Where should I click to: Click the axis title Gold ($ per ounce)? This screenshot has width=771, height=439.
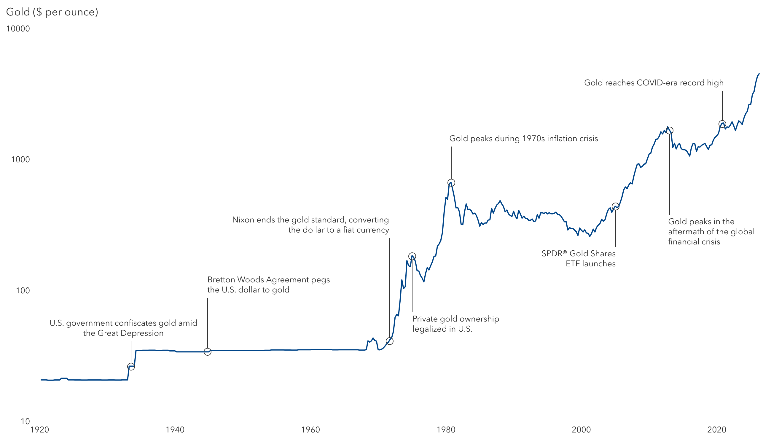point(52,12)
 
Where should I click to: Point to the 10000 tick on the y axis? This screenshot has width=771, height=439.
point(18,29)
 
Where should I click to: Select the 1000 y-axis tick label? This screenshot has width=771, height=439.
point(20,160)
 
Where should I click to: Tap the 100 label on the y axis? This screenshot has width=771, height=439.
point(23,291)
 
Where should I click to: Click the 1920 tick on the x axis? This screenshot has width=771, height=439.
point(39,430)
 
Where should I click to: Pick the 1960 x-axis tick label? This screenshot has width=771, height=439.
point(310,430)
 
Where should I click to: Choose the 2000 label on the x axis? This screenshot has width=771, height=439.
point(581,430)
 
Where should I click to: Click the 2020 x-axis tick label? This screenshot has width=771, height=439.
point(717,430)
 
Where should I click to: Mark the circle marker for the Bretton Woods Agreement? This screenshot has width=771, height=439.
point(207,352)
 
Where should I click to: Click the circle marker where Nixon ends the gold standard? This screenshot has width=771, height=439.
point(389,341)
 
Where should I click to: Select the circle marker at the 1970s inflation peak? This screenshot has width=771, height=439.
point(451,183)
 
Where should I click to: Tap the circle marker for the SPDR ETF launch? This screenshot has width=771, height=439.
point(616,206)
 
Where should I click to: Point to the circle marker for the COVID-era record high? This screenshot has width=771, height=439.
point(722,124)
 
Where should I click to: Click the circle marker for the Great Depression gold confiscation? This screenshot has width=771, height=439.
point(131,367)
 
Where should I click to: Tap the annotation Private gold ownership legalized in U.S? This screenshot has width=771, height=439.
point(455,324)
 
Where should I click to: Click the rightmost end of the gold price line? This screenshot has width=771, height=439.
point(759,74)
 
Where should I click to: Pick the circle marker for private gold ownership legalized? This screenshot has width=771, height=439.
point(412,257)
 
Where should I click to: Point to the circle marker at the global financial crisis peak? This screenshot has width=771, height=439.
point(669,131)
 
